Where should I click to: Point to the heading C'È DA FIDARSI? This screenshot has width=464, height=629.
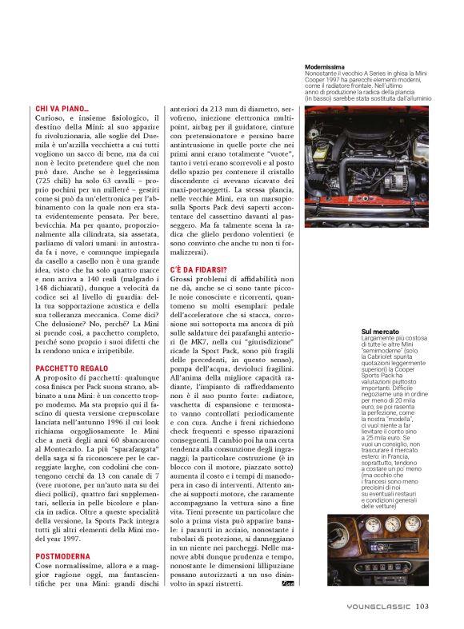198,270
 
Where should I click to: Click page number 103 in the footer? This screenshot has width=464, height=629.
423,606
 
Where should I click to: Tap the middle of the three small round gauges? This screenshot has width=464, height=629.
392,524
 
